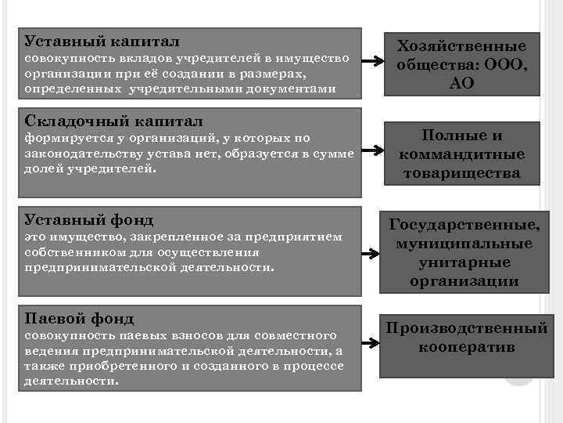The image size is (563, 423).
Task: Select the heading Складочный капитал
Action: pyautogui.click(x=114, y=121)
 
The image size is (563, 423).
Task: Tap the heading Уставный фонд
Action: pyautogui.click(x=88, y=219)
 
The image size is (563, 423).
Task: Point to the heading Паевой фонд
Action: pyautogui.click(x=79, y=319)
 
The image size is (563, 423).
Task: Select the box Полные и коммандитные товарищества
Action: pyautogui.click(x=462, y=154)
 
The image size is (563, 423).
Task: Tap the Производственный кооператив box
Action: pyautogui.click(x=467, y=337)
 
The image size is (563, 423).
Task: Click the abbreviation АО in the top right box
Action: pyautogui.click(x=462, y=83)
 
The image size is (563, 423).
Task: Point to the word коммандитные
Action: pyautogui.click(x=462, y=154)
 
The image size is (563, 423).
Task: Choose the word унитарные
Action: pyautogui.click(x=462, y=262)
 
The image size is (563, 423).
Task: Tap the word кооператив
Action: pyautogui.click(x=467, y=346)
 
